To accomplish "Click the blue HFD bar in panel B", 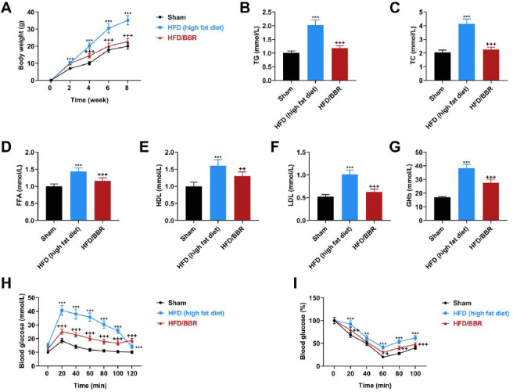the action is coord(315,52).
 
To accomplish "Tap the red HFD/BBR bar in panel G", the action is coord(491,202).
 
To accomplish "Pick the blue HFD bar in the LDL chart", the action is coord(350,197).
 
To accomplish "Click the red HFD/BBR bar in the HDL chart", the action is coord(242,198).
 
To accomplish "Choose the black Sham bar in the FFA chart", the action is coord(54,203).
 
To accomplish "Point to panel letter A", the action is coord(7,8).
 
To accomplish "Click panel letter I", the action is coord(295,284).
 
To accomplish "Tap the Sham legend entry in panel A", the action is coord(171,17).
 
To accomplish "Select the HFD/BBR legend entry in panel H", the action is coord(177,324).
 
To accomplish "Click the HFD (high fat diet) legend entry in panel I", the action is coord(475,314).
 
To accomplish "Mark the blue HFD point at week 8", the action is coord(127,20).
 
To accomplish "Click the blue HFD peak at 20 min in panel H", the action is coord(62,311).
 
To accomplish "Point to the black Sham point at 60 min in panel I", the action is coord(382,357).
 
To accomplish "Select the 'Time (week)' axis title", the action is coord(89,100).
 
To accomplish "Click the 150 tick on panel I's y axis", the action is coord(314,297).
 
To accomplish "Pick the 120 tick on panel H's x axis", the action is coord(132,373).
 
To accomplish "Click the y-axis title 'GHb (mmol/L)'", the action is coord(409,186).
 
